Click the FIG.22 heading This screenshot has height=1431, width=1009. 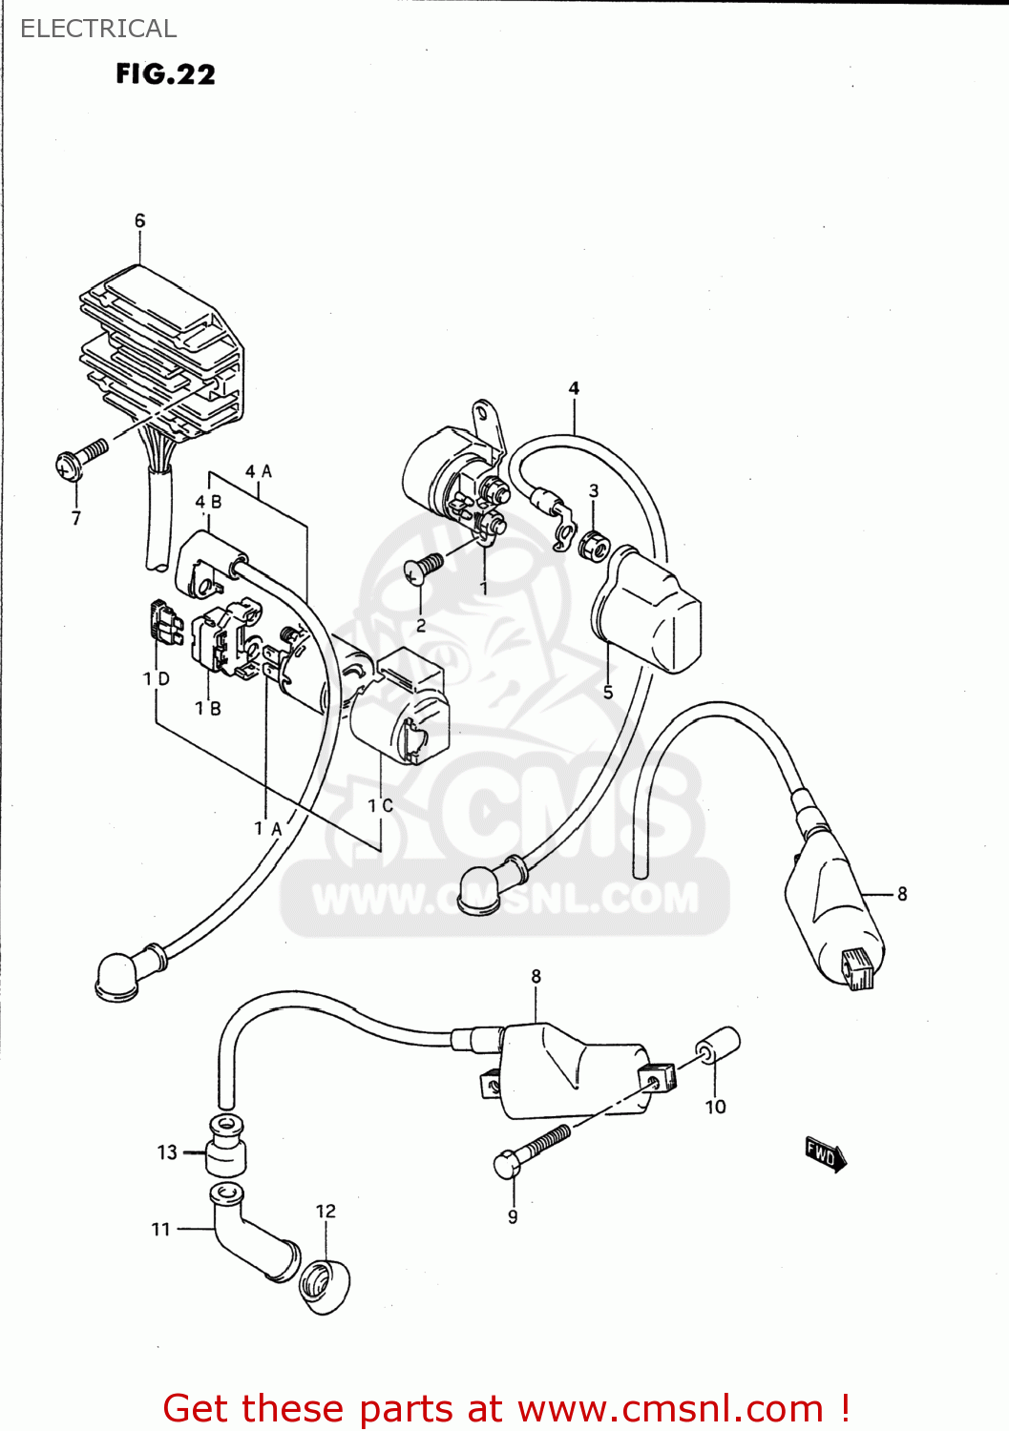165,74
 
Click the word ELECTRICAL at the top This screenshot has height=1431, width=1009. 98,29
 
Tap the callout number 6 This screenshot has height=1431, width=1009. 140,220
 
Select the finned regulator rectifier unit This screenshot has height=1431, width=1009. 162,353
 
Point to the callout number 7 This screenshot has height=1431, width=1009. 76,518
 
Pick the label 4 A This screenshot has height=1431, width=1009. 259,471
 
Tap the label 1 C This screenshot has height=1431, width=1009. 380,805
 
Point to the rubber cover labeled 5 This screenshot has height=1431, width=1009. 649,611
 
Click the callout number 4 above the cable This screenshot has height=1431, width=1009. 574,388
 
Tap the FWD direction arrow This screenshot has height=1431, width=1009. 825,1154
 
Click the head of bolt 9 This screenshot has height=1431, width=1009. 506,1164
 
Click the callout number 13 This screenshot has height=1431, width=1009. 167,1152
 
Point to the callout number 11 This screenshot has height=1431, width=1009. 160,1229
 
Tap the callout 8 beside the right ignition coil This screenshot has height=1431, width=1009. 902,894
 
